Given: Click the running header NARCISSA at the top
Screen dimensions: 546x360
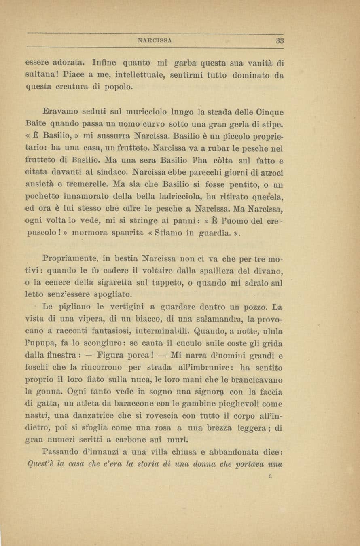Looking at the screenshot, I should pyautogui.click(x=155, y=40).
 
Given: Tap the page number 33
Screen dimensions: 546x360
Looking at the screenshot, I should pyautogui.click(x=280, y=40).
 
